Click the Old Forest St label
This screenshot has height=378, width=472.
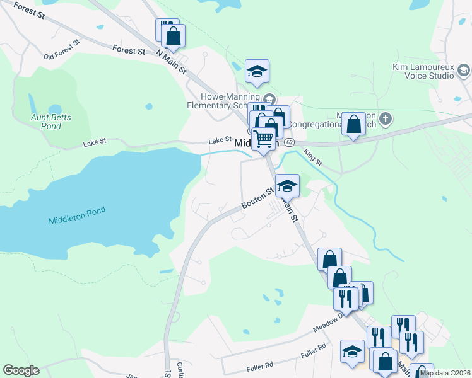click(62, 50)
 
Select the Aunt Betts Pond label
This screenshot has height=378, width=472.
click(51, 122)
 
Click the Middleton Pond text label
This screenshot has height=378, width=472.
click(76, 220)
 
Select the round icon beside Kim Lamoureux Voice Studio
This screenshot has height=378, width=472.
click(463, 69)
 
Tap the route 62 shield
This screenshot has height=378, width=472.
click(289, 142)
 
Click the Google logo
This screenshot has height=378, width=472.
click(21, 370)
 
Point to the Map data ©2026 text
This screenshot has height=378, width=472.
click(445, 373)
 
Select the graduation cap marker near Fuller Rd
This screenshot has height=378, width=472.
click(352, 352)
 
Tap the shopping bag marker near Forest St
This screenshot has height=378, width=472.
click(172, 36)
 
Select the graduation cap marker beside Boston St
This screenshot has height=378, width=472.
click(287, 185)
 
